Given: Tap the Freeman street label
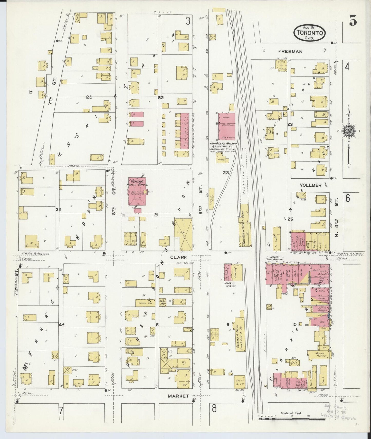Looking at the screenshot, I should pos(290,51).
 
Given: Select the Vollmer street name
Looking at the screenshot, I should pos(310,185).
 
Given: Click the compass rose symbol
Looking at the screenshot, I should pos(349,130).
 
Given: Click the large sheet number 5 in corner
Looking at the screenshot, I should pos(353,22).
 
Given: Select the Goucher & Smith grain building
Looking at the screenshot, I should pos(239,334).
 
